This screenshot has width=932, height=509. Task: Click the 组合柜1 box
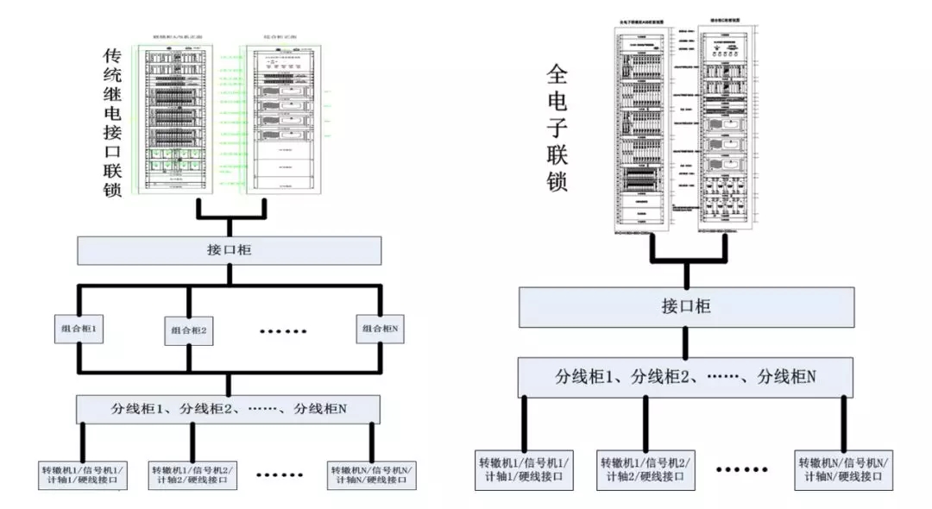tap(79, 330)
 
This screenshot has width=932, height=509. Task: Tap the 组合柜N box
tap(381, 329)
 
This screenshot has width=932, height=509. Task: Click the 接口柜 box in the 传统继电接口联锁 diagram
tap(229, 250)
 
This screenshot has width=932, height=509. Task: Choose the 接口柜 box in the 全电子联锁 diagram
tap(686, 305)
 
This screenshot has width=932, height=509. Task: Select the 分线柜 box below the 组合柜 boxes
tap(229, 409)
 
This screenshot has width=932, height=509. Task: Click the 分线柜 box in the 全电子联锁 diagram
tap(686, 376)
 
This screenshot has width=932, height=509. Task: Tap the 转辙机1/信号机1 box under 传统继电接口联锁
tap(83, 475)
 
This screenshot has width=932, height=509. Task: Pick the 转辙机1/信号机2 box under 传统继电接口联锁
tap(190, 475)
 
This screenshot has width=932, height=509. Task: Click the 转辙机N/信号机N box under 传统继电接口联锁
tap(372, 475)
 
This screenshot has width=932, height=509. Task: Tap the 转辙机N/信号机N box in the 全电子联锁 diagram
tap(842, 469)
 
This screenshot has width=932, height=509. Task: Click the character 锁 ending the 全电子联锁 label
tap(557, 181)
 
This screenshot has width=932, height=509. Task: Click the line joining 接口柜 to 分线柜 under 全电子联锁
tap(686, 342)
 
